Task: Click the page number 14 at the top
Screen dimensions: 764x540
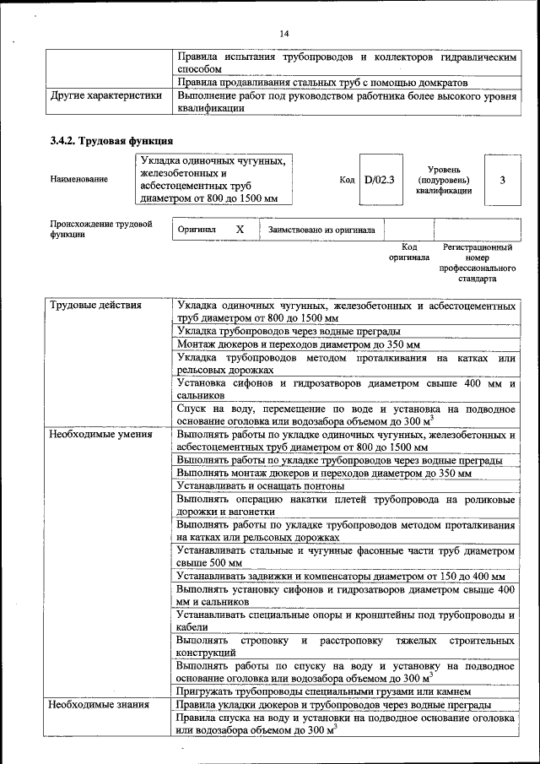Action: (x=283, y=33)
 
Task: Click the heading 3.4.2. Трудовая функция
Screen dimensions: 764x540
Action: (x=111, y=141)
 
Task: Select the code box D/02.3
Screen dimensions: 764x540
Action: (x=379, y=179)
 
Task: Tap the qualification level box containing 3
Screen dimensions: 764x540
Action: (x=503, y=179)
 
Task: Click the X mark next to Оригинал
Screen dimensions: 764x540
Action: (x=240, y=229)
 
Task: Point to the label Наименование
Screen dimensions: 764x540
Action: (x=79, y=179)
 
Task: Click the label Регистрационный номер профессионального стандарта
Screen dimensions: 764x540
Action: (x=477, y=263)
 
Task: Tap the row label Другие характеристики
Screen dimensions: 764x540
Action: (x=105, y=95)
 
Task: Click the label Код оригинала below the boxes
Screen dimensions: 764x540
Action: (x=409, y=252)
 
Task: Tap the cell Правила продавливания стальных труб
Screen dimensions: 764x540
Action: (x=322, y=82)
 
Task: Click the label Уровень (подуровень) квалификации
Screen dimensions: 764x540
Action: (x=443, y=180)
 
